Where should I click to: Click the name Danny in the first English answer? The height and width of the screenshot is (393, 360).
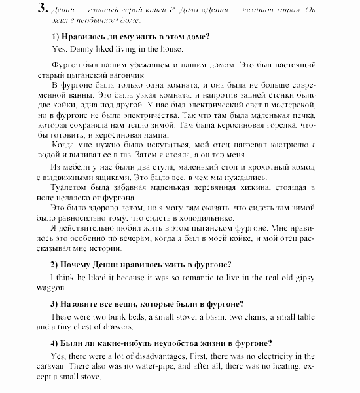point(77,49)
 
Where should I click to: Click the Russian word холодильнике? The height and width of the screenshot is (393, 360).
point(203,218)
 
